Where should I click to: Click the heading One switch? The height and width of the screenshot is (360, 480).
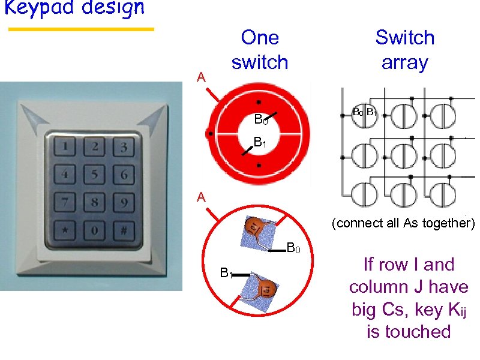pos(259,50)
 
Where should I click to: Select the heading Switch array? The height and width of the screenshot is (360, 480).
pos(404,50)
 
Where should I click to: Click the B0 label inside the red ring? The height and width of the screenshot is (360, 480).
pos(260,120)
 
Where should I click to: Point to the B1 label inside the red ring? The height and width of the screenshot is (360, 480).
pos(259,143)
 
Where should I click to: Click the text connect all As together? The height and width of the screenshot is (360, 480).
pos(403,223)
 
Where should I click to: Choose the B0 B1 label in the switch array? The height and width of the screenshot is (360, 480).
pos(364,112)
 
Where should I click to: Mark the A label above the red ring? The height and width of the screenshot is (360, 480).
pos(202,77)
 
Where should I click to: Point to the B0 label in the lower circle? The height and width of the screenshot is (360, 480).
pos(293,247)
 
